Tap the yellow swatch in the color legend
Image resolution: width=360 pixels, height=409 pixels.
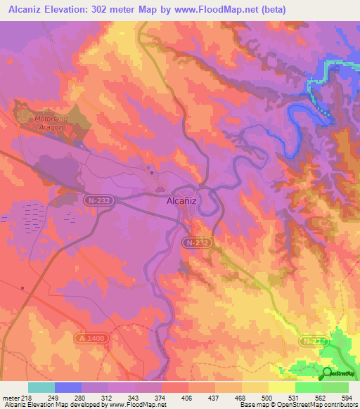point(282,387)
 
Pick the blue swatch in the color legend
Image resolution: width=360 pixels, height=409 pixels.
point(68,387)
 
